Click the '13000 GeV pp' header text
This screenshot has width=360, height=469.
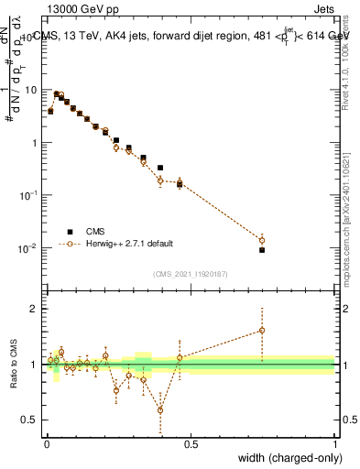[x=82, y=8]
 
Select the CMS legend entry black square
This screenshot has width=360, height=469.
[x=68, y=232]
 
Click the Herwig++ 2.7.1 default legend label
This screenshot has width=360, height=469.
[x=127, y=244]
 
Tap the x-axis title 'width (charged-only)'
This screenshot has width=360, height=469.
[x=285, y=458]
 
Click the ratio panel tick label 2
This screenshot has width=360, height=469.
[x=37, y=309]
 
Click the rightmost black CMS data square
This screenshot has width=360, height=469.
[x=262, y=250]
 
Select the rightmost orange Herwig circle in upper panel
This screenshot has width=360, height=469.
[x=262, y=241]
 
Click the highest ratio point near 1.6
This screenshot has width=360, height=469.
[x=262, y=330]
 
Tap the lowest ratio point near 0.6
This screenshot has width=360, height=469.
[x=160, y=409]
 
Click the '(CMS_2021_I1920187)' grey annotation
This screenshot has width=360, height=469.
[x=191, y=274]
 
